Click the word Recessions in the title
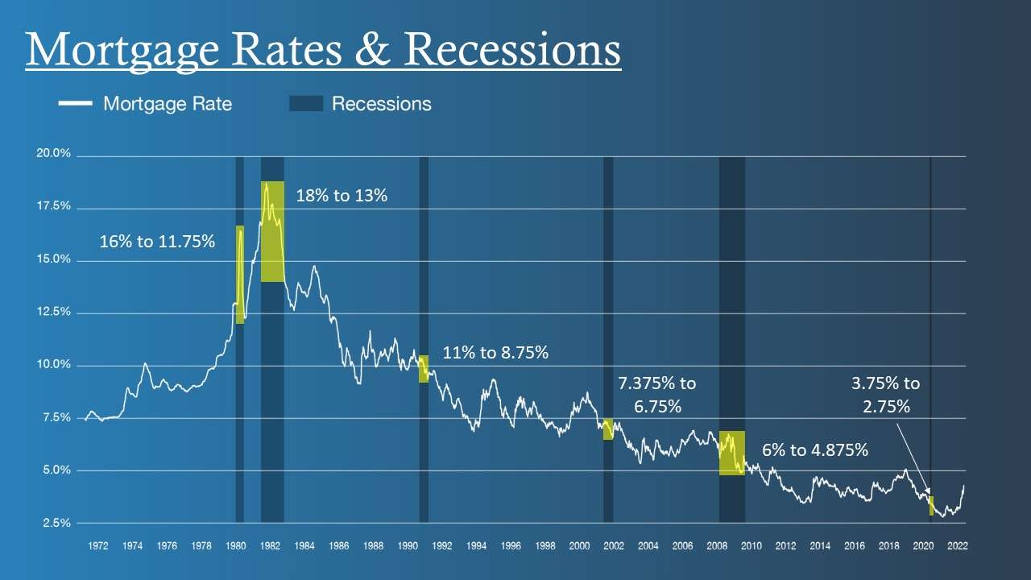tap(512, 49)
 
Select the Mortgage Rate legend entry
tap(167, 104)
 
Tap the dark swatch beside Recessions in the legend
tap(305, 104)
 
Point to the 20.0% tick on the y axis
tap(53, 154)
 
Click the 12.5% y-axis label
tap(53, 312)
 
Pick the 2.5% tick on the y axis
tap(55, 523)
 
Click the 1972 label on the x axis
tap(97, 545)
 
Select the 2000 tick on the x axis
tap(579, 545)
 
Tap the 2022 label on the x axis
tap(957, 545)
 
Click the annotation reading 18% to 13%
tap(342, 195)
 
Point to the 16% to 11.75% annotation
tap(157, 241)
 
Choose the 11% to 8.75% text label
tap(495, 352)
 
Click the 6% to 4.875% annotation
tap(815, 450)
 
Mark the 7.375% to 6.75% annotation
tap(656, 394)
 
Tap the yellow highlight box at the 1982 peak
tap(272, 232)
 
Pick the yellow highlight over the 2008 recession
tap(731, 453)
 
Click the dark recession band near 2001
tap(608, 338)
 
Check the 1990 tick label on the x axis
tap(408, 545)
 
